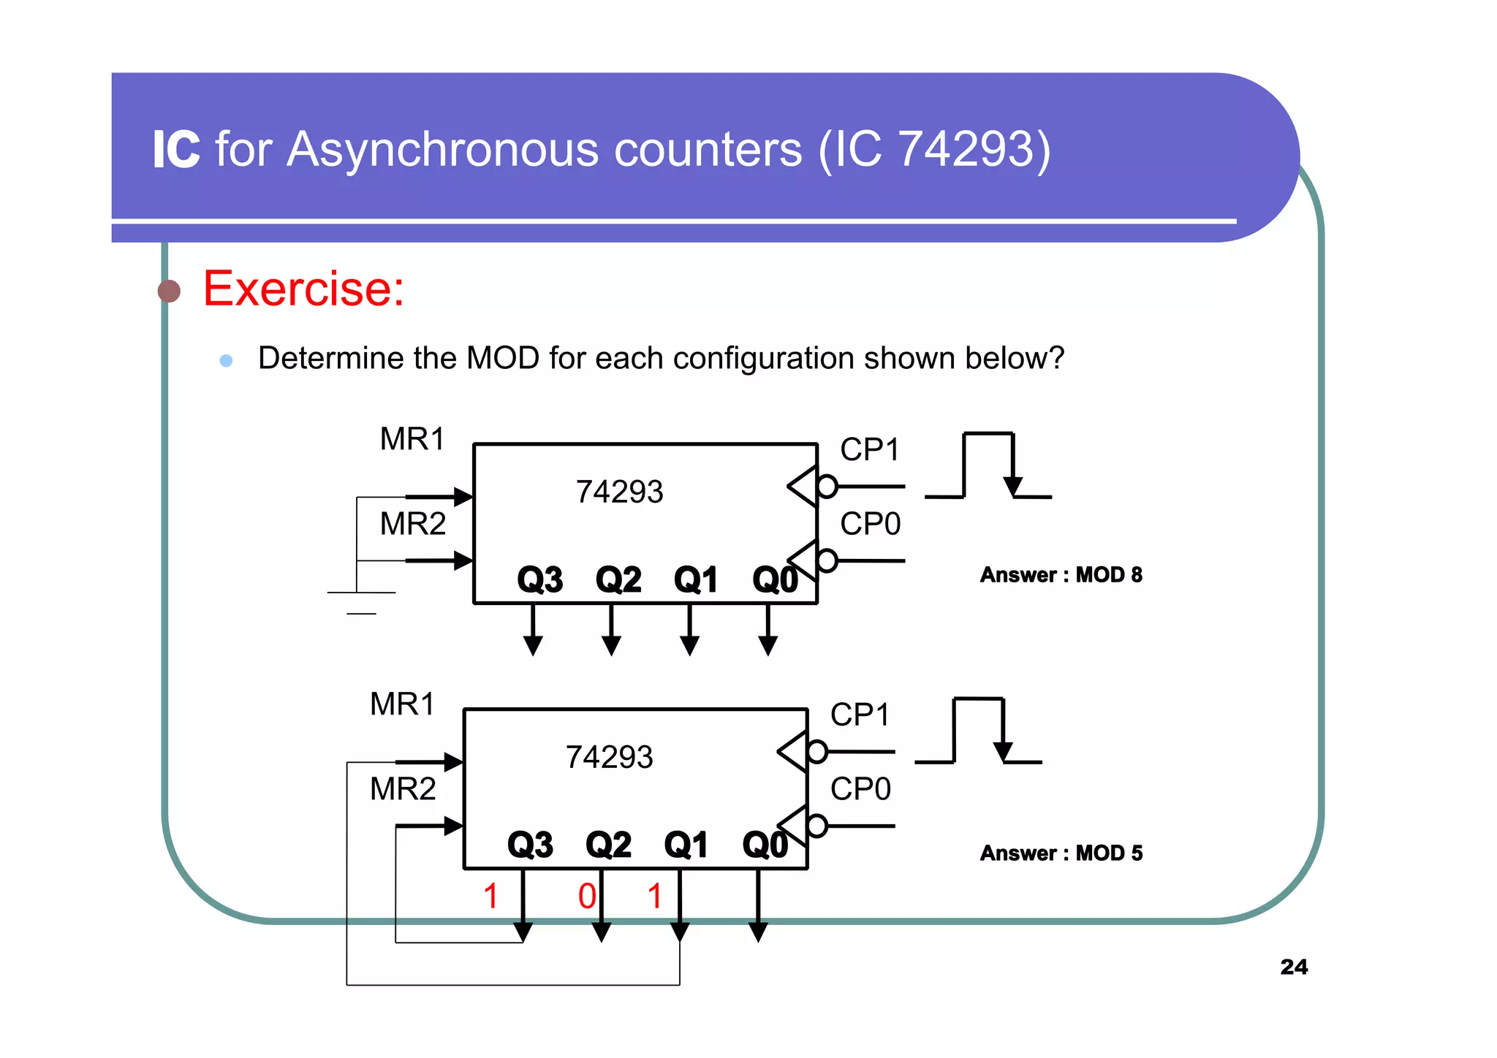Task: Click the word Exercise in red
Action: (x=303, y=289)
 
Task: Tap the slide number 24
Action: (x=1294, y=967)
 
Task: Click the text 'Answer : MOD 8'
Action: (x=1061, y=575)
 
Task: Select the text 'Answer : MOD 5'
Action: (x=1061, y=853)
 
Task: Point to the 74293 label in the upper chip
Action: (x=619, y=492)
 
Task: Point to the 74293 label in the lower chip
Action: (x=609, y=757)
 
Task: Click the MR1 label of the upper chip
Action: (x=412, y=439)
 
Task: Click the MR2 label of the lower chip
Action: (x=403, y=789)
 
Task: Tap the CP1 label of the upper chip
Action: (x=869, y=449)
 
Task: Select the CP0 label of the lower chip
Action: (x=860, y=789)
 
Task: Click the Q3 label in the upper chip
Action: (x=539, y=579)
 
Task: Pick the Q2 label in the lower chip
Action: (x=608, y=845)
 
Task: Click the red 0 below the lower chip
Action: (x=587, y=897)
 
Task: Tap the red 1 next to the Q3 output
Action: (x=491, y=897)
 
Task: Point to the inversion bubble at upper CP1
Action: (x=827, y=486)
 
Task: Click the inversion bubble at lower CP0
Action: (x=817, y=826)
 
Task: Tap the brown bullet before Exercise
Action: (x=169, y=291)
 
